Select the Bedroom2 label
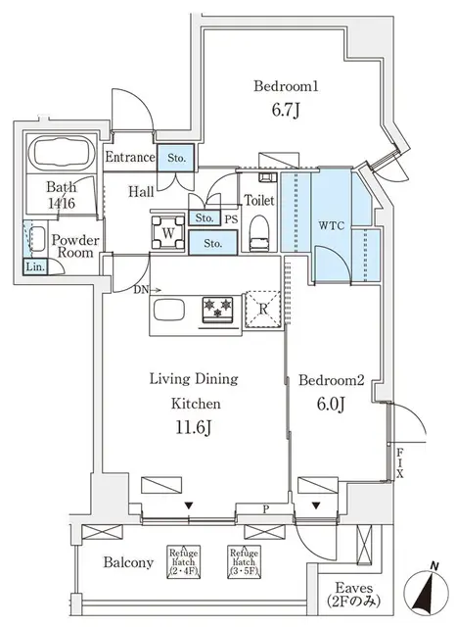331,379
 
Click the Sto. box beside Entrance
177,158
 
